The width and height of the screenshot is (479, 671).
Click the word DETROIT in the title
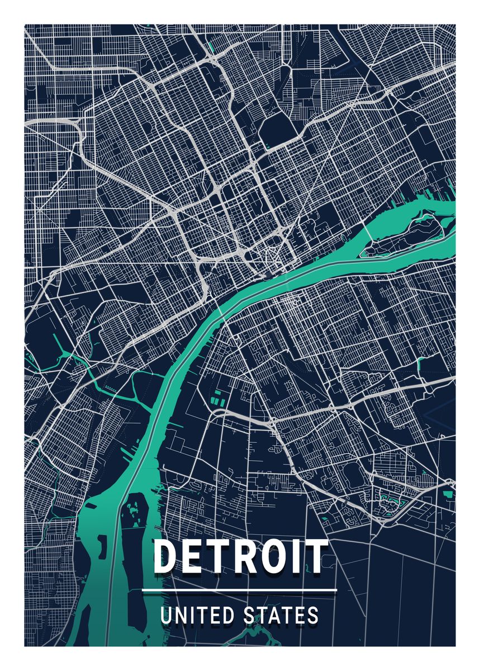tap(240, 557)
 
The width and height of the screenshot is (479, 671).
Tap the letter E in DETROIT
tap(194, 557)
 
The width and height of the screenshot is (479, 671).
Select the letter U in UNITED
tap(166, 616)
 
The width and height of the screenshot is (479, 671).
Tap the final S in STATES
tap(314, 616)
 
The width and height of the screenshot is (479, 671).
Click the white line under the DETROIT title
tap(239, 590)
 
